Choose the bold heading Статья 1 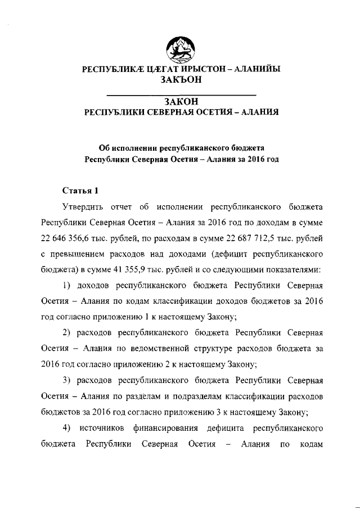(80, 190)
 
